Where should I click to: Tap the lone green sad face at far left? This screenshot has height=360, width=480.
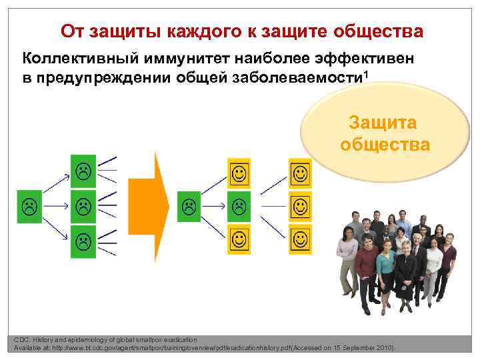pyautogui.click(x=29, y=203)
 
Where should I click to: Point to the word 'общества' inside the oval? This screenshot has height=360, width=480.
pyautogui.click(x=385, y=144)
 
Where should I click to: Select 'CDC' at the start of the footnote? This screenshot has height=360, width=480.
pyautogui.click(x=21, y=340)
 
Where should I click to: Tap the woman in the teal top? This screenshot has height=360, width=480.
pyautogui.click(x=385, y=267)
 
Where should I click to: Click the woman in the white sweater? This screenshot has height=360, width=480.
pyautogui.click(x=433, y=263)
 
